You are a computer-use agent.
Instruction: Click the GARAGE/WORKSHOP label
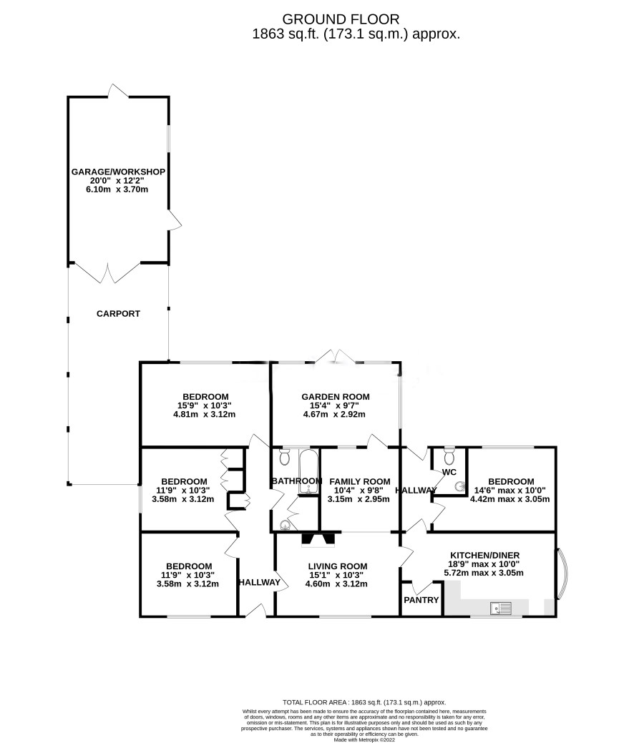(118, 172)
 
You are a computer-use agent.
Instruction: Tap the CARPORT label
(118, 314)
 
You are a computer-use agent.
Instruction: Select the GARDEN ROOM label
(336, 397)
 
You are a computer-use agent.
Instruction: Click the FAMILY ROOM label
(360, 481)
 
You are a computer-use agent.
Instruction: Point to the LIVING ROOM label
(338, 566)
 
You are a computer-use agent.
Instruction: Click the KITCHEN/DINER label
(484, 556)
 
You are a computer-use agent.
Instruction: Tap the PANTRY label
(421, 600)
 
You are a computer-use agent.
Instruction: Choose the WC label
(449, 472)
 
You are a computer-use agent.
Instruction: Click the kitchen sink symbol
(501, 608)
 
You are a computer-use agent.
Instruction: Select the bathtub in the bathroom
(309, 471)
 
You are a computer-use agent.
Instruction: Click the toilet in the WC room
(449, 456)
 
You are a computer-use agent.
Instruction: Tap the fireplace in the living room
(318, 539)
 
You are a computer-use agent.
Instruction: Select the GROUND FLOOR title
(341, 19)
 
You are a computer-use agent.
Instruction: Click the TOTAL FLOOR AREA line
(364, 703)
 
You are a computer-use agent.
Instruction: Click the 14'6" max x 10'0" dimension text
(509, 491)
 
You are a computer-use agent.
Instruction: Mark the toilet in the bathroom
(285, 457)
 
